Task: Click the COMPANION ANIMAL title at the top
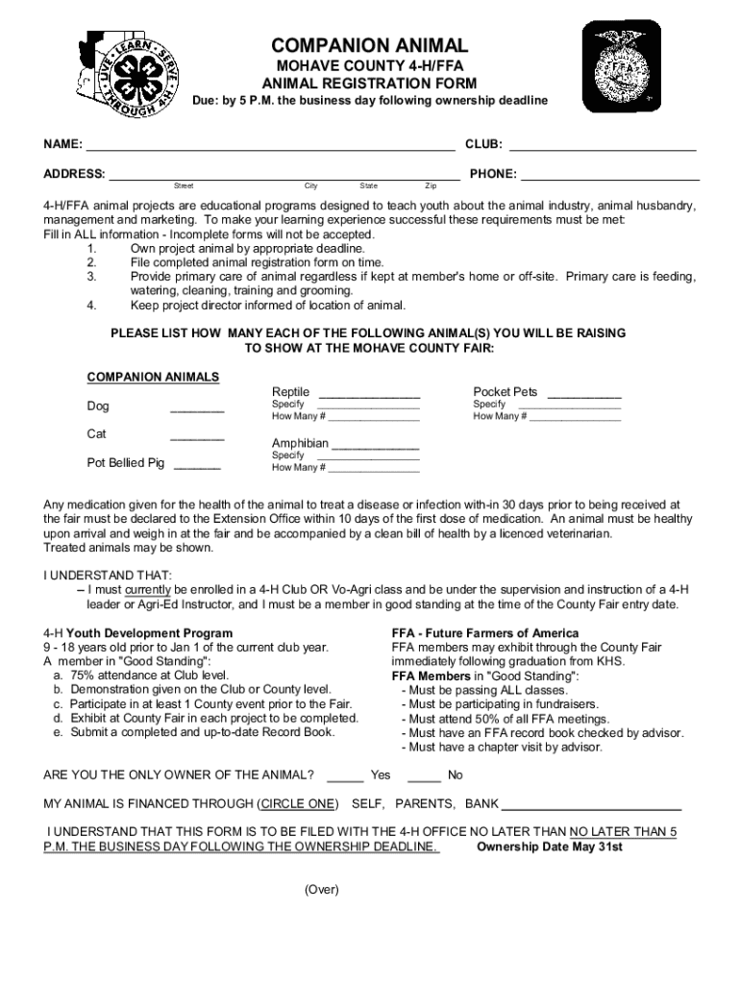point(369,46)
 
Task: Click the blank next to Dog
point(197,410)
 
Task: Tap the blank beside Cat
point(197,438)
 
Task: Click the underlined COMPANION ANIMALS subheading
point(153,376)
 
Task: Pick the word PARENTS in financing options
point(426,803)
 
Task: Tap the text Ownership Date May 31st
point(550,847)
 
